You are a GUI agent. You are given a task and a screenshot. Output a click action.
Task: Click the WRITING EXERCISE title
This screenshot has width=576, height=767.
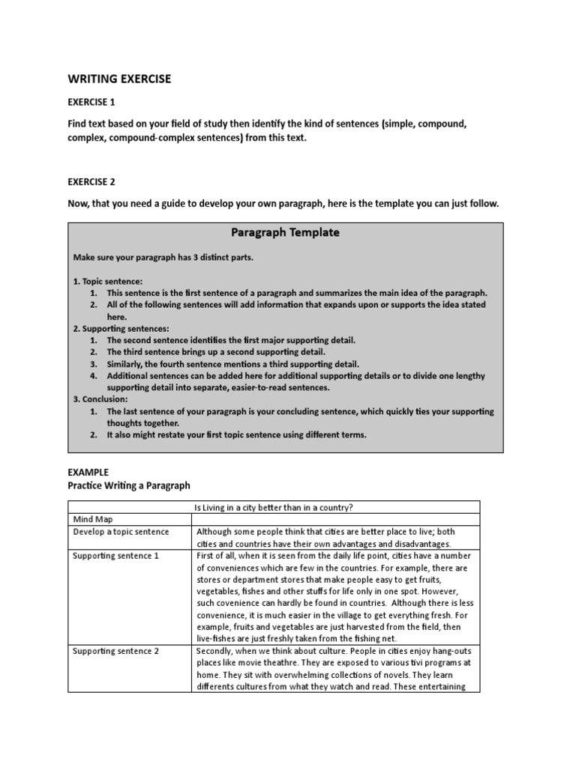(x=120, y=79)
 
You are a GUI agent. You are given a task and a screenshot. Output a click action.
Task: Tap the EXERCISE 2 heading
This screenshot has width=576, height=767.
(x=92, y=181)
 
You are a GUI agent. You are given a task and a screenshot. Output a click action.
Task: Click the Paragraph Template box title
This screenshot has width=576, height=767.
(x=286, y=232)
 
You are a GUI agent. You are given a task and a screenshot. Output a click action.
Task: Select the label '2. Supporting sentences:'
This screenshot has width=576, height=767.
(x=121, y=328)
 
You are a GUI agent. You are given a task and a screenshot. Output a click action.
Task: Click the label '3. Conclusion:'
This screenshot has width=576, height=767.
(x=100, y=400)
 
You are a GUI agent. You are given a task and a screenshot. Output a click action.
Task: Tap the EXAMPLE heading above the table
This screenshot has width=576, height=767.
(x=88, y=473)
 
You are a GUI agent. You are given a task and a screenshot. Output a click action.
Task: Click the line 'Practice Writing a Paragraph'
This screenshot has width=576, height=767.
(x=130, y=485)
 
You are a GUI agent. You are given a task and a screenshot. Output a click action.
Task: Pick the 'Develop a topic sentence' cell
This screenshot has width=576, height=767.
(x=121, y=532)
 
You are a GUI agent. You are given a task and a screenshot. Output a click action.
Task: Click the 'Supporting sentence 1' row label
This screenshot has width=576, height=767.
(x=115, y=555)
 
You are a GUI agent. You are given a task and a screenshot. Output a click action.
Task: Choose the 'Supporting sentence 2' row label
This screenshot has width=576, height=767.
(x=115, y=651)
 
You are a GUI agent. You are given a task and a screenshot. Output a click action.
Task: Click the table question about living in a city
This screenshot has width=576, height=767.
(x=335, y=507)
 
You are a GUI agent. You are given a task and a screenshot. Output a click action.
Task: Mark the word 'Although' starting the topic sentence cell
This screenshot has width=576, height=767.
(x=217, y=532)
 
